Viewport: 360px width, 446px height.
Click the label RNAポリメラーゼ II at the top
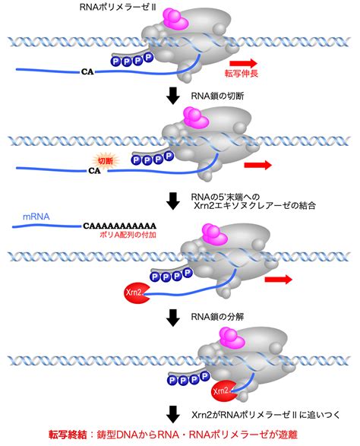click(118, 8)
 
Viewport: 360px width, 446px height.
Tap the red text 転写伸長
click(241, 74)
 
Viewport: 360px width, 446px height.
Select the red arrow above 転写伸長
click(243, 63)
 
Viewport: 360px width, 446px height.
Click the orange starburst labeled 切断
click(106, 161)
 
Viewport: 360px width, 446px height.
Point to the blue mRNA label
click(36, 217)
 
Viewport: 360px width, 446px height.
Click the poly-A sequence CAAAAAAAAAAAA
click(119, 226)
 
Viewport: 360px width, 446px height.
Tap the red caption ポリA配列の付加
click(128, 235)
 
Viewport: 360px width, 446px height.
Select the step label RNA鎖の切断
click(217, 96)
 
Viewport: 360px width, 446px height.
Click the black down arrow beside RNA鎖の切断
click(173, 96)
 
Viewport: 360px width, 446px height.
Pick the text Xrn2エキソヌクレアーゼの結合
click(254, 205)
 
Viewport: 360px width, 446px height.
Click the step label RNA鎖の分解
click(217, 317)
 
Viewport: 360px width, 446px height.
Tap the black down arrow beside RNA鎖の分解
click(173, 318)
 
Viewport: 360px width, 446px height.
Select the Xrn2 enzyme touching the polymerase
click(222, 391)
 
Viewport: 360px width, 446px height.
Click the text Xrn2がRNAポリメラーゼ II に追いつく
click(266, 415)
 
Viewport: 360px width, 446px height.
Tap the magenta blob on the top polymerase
click(175, 18)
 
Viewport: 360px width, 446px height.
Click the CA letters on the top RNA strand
click(87, 71)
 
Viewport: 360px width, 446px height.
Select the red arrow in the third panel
click(279, 280)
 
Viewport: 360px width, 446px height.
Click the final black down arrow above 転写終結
click(173, 414)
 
